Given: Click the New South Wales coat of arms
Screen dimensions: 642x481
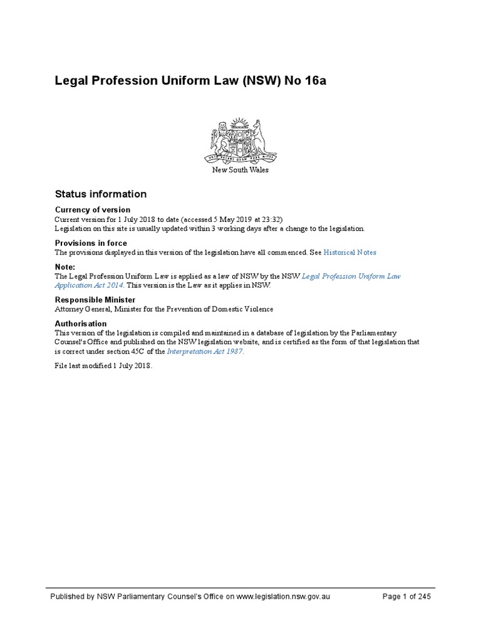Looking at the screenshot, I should tap(240, 140).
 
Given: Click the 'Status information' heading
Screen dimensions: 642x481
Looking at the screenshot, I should tap(101, 194).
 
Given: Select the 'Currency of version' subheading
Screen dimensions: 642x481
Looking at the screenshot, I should tap(93, 209).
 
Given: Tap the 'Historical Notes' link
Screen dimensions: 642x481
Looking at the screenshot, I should tap(350, 252).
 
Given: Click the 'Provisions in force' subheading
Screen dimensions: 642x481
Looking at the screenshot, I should tap(91, 243).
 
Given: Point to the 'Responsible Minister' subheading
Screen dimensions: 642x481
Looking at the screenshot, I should tap(95, 300).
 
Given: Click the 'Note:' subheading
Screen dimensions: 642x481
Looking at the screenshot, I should tap(65, 266).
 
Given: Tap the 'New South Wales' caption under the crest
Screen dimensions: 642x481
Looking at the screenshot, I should tap(240, 171).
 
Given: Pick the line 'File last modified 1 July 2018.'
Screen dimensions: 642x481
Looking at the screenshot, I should tap(103, 366).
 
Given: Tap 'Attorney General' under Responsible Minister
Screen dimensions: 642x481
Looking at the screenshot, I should tap(81, 309).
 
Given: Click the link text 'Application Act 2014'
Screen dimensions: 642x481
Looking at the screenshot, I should tap(87, 285).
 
